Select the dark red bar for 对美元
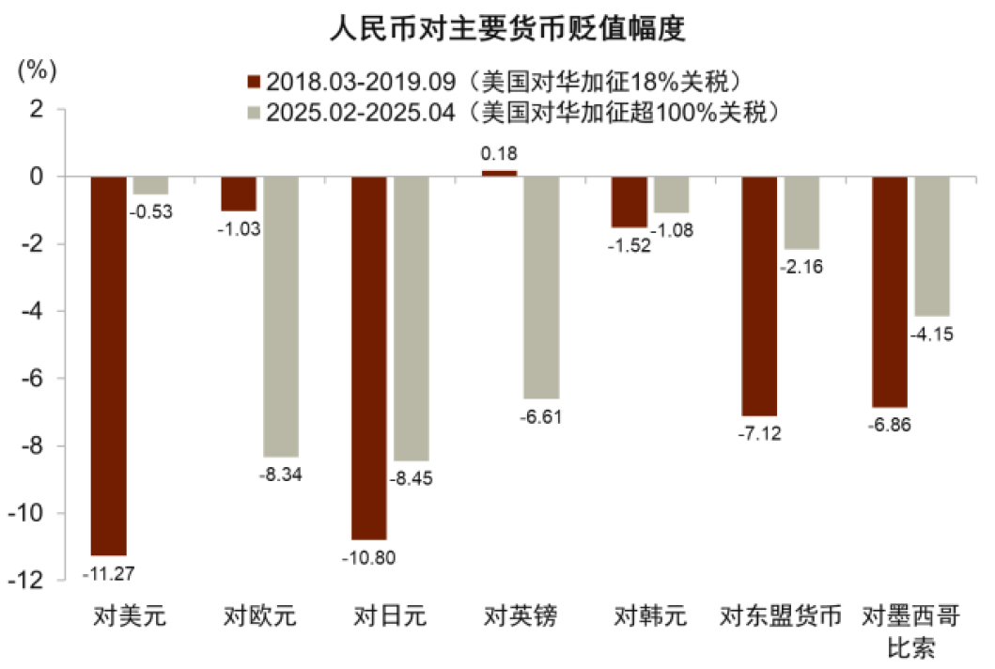coord(108,366)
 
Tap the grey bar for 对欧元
coord(281,317)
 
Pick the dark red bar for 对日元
coord(368,358)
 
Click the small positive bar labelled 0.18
coord(499,174)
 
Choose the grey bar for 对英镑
coord(542,288)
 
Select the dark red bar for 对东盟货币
coord(759,296)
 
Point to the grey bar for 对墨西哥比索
coord(932,246)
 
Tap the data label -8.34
coord(281,474)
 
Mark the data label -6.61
coord(541,416)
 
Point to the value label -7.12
coord(759,433)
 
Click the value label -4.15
coord(932,334)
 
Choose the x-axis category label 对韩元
coord(650,617)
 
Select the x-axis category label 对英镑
coord(521,617)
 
